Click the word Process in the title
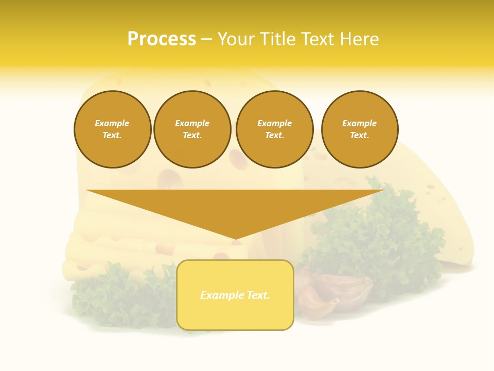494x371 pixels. [162, 39]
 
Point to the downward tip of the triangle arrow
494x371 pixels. [235, 238]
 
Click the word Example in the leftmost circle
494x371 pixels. [112, 123]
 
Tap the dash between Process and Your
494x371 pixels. [206, 40]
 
